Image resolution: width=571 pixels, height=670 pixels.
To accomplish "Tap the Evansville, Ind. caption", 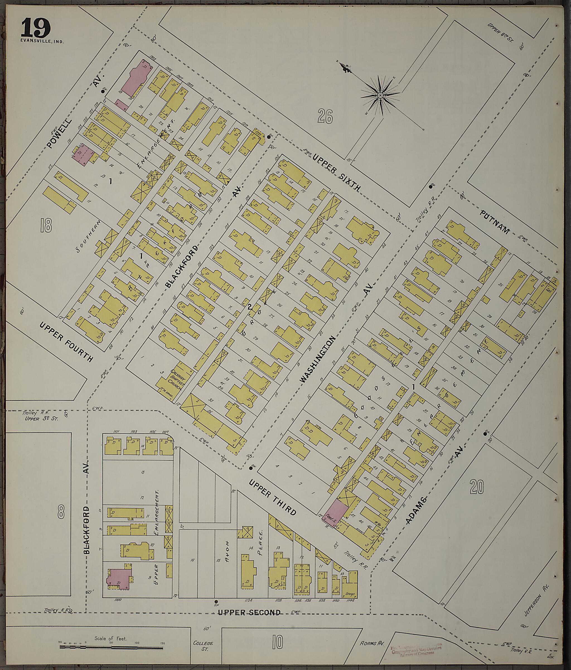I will click(42, 41).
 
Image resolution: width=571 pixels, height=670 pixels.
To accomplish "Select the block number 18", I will click(46, 225).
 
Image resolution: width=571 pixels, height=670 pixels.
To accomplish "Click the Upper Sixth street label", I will click(336, 173).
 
